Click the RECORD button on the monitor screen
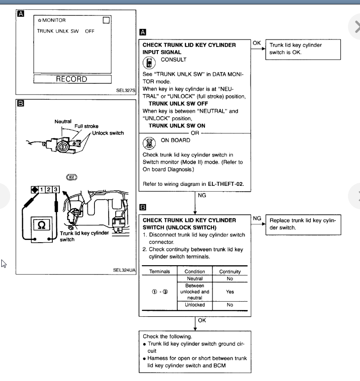pos(71,79)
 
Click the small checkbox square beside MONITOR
pos(106,20)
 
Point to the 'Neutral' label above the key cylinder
pos(63,121)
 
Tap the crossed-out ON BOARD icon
pos(149,142)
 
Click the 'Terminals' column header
pos(160,271)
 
